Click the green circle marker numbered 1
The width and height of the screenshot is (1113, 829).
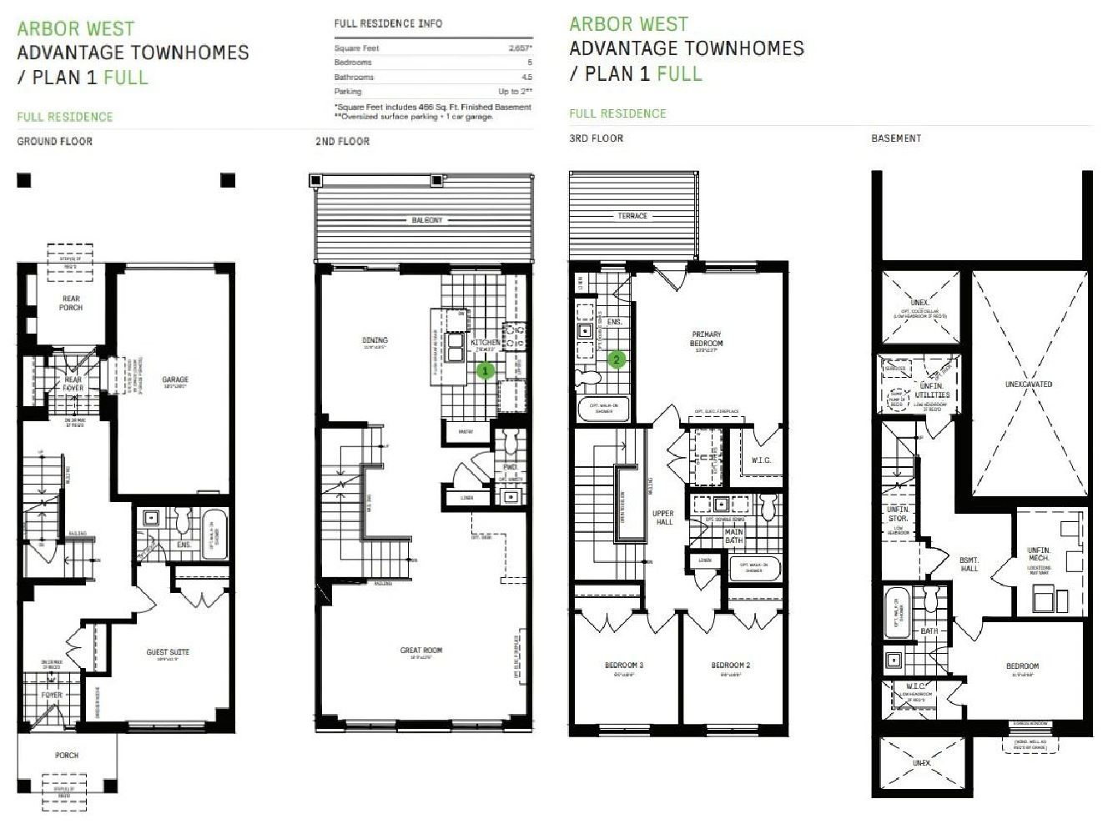(x=486, y=369)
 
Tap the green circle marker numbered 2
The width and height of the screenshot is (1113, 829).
(x=617, y=359)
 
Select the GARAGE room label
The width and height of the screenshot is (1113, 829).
(x=175, y=380)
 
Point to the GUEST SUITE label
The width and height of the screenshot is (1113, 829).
(x=168, y=652)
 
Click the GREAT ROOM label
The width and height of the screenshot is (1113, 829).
(x=421, y=651)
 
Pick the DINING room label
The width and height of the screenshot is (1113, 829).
(x=375, y=340)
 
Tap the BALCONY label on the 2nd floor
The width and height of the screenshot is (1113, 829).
(x=427, y=220)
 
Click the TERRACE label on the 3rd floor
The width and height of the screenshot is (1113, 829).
(x=632, y=216)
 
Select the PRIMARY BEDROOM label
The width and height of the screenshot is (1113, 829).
(x=707, y=339)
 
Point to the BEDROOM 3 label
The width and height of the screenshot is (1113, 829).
(x=624, y=666)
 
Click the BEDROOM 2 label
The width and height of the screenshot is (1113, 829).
(x=731, y=666)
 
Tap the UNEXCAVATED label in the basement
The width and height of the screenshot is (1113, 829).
(x=1029, y=384)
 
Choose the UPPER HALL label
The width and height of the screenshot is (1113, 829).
(x=663, y=518)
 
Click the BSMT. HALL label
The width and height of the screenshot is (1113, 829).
(x=969, y=565)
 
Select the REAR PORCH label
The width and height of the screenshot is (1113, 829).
(x=71, y=303)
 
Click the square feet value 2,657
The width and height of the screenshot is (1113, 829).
(x=520, y=48)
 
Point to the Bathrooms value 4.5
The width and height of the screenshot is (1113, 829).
(x=526, y=77)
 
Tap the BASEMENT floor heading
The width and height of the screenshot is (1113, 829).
(x=896, y=138)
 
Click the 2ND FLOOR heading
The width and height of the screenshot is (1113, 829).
(x=342, y=142)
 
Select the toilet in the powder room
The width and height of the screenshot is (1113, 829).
(x=511, y=440)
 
